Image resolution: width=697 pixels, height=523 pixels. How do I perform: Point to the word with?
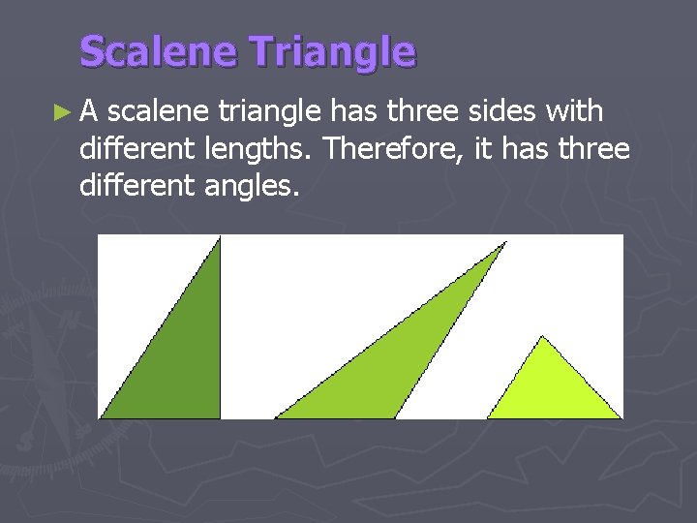point(575,112)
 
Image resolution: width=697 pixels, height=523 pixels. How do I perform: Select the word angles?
point(248,186)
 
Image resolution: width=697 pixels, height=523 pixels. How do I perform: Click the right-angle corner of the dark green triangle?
point(219,417)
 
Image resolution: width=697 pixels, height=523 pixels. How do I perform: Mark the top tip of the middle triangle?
point(505,243)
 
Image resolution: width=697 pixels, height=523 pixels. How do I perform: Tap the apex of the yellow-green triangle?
point(542,337)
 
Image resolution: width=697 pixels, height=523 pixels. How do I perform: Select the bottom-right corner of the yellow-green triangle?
point(621,417)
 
